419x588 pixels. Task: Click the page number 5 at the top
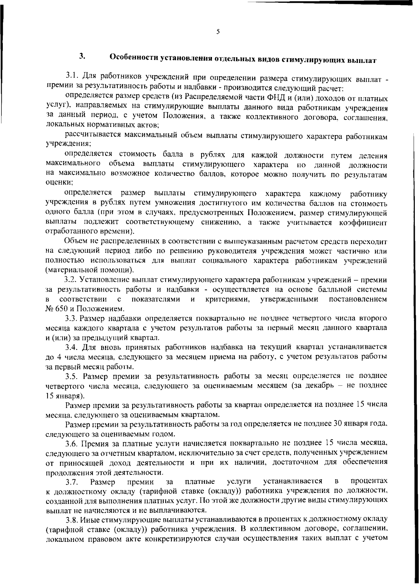click(x=218, y=32)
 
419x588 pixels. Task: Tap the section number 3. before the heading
click(x=82, y=56)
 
